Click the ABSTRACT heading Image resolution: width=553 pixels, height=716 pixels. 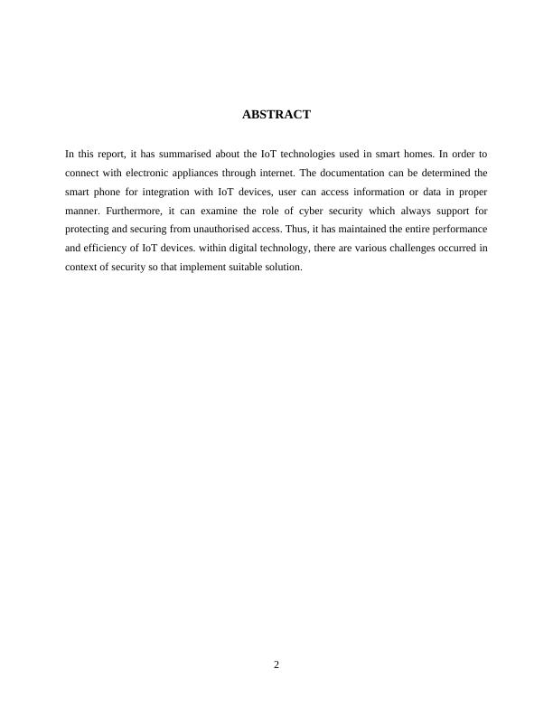click(276, 115)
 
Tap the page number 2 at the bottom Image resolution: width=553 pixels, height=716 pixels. click(276, 665)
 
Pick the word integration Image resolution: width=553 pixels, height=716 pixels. click(170, 192)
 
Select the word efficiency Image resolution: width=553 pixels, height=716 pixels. click(101, 249)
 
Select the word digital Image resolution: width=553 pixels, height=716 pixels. click(241, 249)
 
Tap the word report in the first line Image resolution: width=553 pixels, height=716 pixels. click(108, 154)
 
